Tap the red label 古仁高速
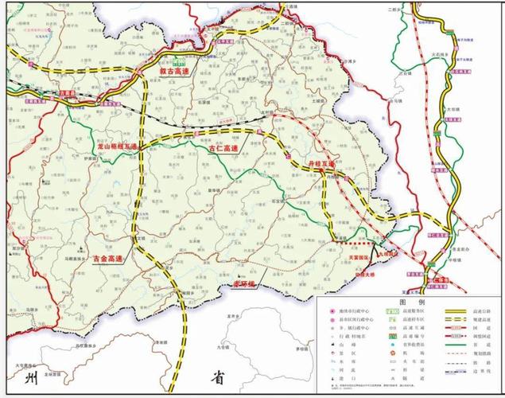[223, 148]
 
